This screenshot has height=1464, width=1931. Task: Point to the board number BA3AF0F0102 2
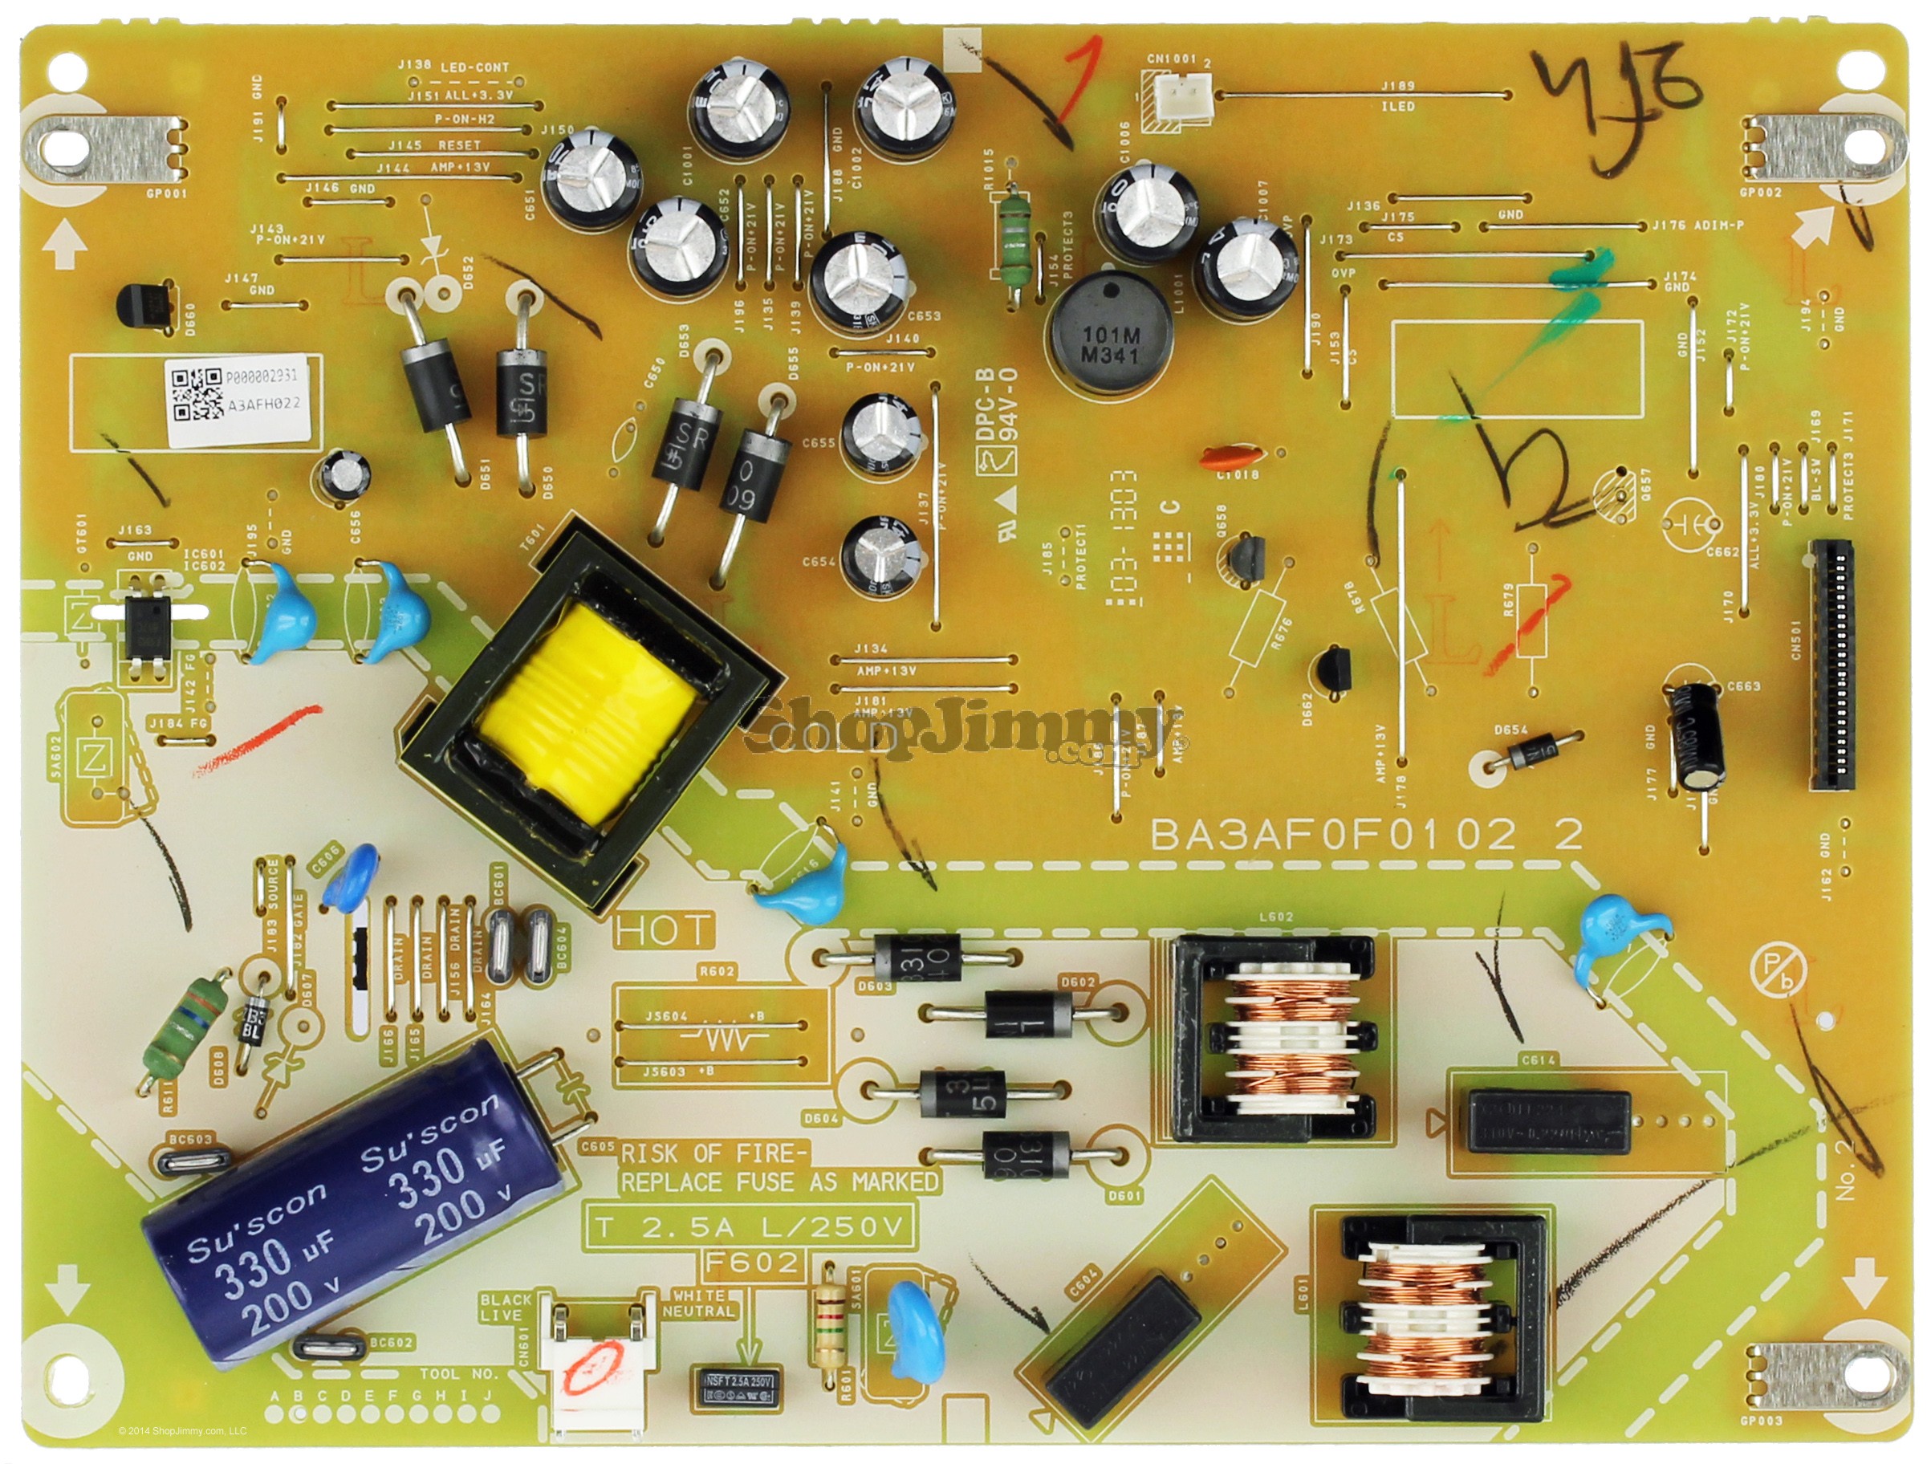[1365, 836]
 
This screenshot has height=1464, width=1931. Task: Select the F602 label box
[754, 1263]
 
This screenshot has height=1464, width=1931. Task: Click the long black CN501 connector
[1831, 665]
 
